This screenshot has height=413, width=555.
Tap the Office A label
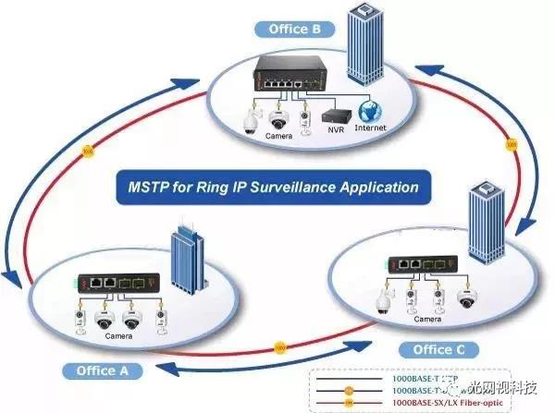pyautogui.click(x=104, y=370)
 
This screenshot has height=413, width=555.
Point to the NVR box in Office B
pyautogui.click(x=334, y=116)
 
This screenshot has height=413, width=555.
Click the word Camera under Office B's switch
pyautogui.click(x=279, y=136)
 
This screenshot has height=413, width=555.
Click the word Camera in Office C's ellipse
pyautogui.click(x=426, y=319)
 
